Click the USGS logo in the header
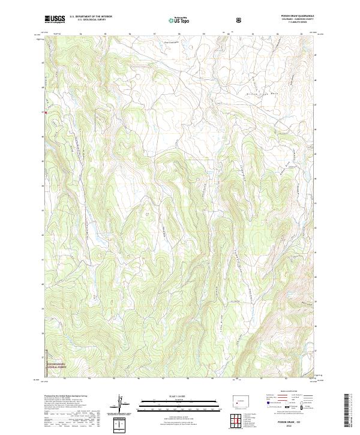pos(55,19)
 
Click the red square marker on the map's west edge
pos(44,111)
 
